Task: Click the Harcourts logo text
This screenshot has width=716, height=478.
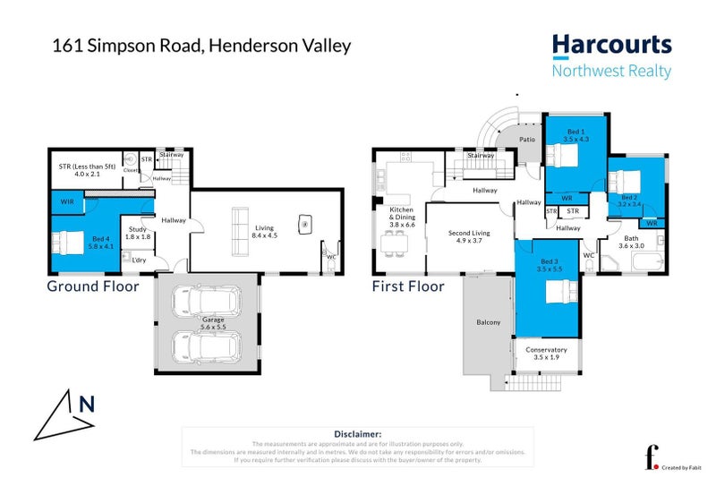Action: coord(611,46)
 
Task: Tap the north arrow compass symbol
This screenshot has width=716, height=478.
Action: coord(67,413)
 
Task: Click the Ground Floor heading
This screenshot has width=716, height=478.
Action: coord(93,286)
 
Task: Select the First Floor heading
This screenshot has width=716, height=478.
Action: coord(408,286)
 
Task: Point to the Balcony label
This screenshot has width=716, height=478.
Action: coord(488,322)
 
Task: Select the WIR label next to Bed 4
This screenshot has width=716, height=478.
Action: coord(67,203)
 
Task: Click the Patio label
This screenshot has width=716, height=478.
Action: coord(528,139)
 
